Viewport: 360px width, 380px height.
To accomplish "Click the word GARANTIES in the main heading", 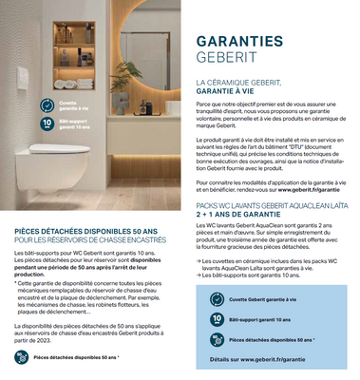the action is tap(238, 41).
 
